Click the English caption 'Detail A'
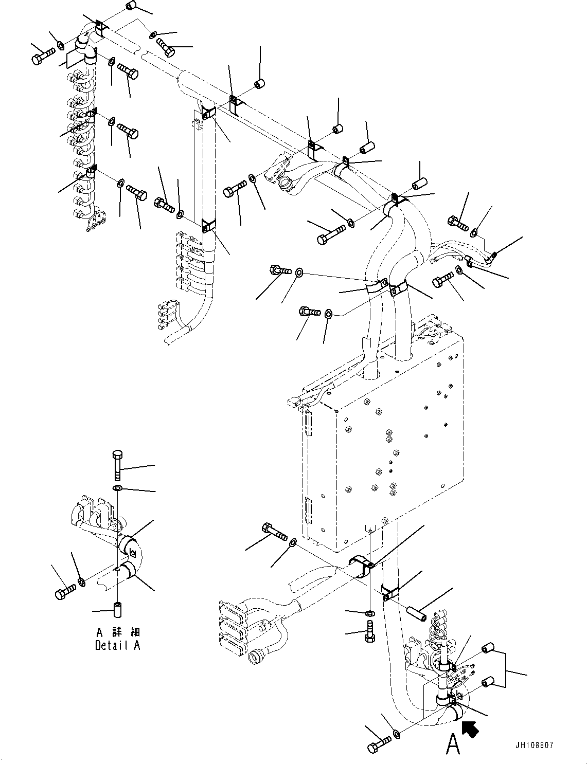117,645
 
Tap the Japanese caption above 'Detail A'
117,632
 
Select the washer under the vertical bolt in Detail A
117,487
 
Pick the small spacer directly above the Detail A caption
117,609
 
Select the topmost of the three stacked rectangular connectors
233,610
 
